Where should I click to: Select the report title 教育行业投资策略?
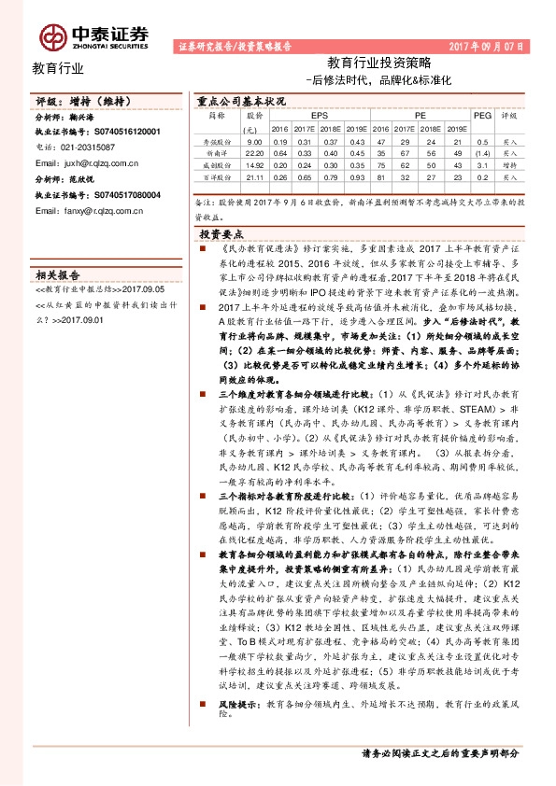pos(379,63)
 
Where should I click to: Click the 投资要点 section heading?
pos(221,235)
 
